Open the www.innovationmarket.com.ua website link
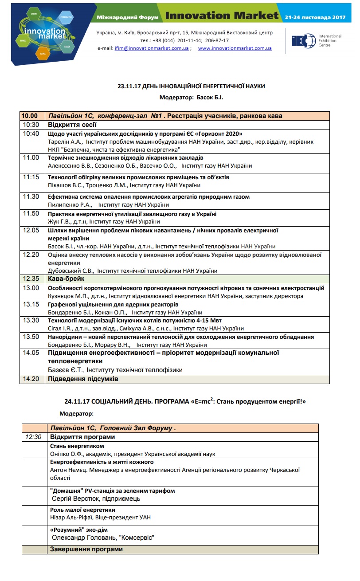[235, 48]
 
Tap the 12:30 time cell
[33, 437]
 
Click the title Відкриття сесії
[70, 125]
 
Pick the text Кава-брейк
[66, 279]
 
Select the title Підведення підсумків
[83, 379]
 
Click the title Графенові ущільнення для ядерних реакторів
[113, 305]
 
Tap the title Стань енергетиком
[77, 446]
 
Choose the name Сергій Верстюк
[74, 499]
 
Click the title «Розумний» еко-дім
[79, 530]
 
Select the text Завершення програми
[86, 550]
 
